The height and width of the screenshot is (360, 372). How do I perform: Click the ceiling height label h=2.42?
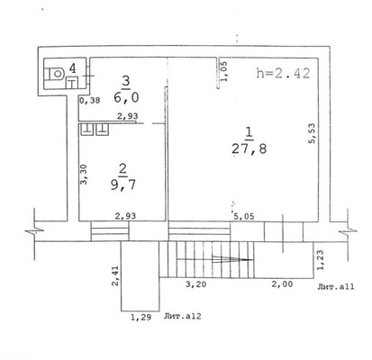[x=283, y=73]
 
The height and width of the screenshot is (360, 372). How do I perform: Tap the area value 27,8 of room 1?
[x=250, y=148]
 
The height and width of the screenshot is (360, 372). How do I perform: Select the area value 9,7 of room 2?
[x=123, y=184]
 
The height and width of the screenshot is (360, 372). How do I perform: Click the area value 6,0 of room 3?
[x=126, y=97]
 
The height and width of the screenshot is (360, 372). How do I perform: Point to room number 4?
[x=73, y=68]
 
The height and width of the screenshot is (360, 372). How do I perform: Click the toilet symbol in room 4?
[x=55, y=74]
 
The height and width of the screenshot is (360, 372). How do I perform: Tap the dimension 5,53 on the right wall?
[x=313, y=133]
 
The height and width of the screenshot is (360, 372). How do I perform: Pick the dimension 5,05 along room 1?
[x=243, y=216]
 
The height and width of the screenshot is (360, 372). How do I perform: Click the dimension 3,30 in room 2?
[x=84, y=174]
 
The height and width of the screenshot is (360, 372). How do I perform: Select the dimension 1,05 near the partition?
[x=224, y=71]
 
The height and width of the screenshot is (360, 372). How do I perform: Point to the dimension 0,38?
[x=89, y=101]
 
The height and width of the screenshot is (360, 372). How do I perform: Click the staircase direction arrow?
[x=232, y=259]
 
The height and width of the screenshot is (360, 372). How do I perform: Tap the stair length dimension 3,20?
[x=195, y=283]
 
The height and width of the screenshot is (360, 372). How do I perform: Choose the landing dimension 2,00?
[x=282, y=283]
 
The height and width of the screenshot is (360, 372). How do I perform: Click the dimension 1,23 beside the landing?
[x=321, y=260]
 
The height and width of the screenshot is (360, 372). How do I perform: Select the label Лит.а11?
[x=336, y=286]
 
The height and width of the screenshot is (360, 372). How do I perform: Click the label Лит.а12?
[x=183, y=316]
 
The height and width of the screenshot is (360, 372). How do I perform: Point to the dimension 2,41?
[x=115, y=275]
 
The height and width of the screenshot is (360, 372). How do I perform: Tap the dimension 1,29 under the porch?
[x=141, y=317]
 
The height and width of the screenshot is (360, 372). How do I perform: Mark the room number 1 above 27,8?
[x=249, y=133]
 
